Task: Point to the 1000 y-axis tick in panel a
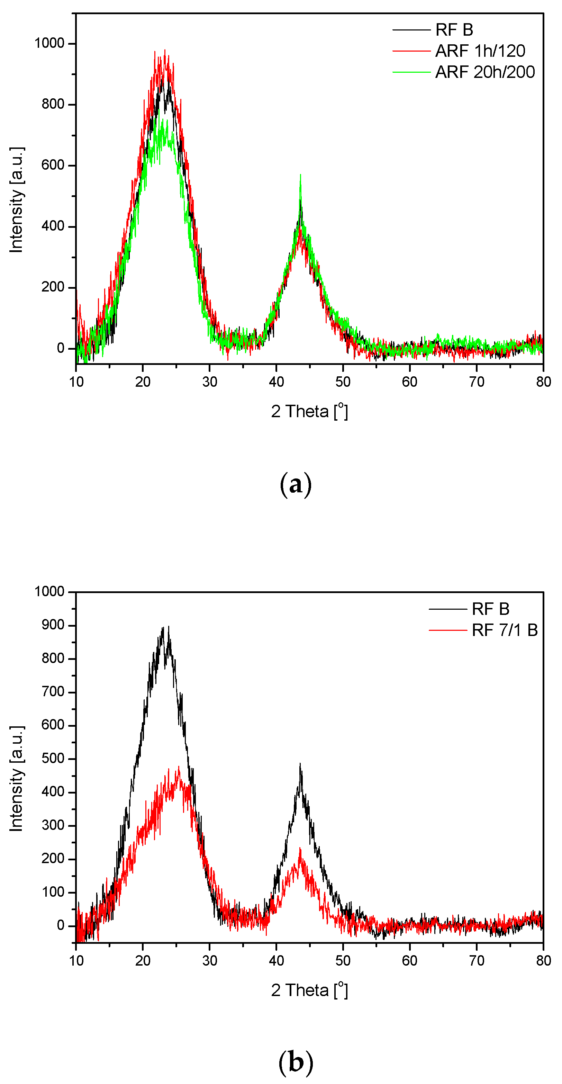(49, 43)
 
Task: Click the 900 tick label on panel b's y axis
(53, 625)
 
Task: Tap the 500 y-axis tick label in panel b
(53, 759)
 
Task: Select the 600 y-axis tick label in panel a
(53, 165)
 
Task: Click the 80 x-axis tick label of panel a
(543, 382)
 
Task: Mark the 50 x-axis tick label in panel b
(343, 961)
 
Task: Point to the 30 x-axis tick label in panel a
(209, 382)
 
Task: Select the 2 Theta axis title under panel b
(309, 990)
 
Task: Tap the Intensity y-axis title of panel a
(16, 200)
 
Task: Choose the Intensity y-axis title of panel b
(16, 779)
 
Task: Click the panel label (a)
(296, 484)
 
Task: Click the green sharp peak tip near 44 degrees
(300, 175)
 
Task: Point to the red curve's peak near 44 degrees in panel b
(300, 849)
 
